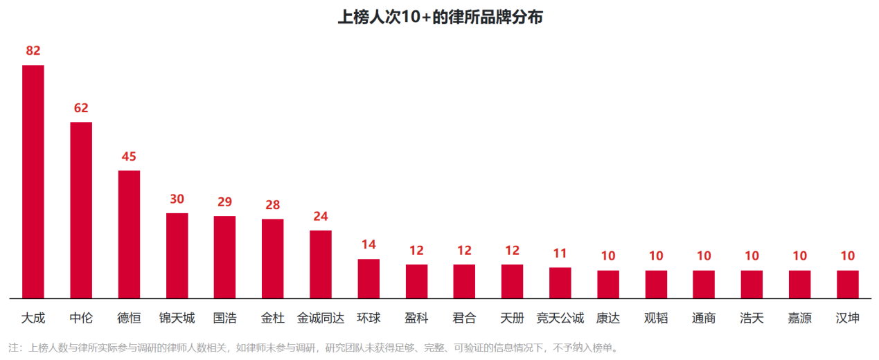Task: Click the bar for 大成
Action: pyautogui.click(x=33, y=181)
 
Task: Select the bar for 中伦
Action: pyautogui.click(x=81, y=210)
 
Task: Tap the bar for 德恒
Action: pyautogui.click(x=129, y=235)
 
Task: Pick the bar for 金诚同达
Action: pyautogui.click(x=321, y=264)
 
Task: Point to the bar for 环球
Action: pyautogui.click(x=369, y=279)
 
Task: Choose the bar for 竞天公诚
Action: pyautogui.click(x=560, y=283)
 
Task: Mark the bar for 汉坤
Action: pyautogui.click(x=848, y=285)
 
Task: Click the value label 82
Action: pyautogui.click(x=33, y=51)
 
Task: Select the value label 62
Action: pyautogui.click(x=81, y=108)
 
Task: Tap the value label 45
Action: pyautogui.click(x=129, y=156)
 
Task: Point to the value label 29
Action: pyautogui.click(x=225, y=202)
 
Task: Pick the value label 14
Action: pyautogui.click(x=369, y=244)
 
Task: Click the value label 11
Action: pyautogui.click(x=560, y=253)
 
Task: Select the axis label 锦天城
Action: pyautogui.click(x=177, y=318)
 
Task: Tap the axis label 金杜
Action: pyautogui.click(x=273, y=318)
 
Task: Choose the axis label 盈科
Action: pyautogui.click(x=416, y=318)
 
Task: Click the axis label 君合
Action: pyautogui.click(x=464, y=318)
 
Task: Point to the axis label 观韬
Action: pyautogui.click(x=656, y=318)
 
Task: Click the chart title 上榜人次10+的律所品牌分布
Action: pyautogui.click(x=441, y=17)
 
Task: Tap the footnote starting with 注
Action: pyautogui.click(x=313, y=348)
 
